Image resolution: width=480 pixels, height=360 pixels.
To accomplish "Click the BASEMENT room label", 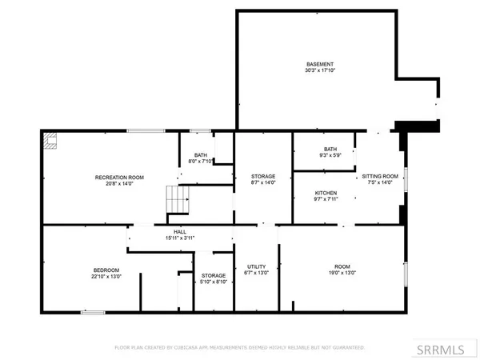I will click(x=318, y=64).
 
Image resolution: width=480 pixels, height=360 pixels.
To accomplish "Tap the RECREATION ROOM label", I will click(x=118, y=176).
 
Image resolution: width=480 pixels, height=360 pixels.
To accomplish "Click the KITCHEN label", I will click(x=325, y=193).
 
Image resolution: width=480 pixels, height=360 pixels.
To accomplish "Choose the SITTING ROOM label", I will click(x=380, y=175).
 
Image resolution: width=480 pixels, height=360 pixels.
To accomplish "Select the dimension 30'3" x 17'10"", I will click(x=318, y=71).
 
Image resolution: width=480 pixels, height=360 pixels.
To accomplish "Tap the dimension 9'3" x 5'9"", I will click(x=330, y=154).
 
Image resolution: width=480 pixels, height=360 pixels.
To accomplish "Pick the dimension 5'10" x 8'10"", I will click(x=214, y=282).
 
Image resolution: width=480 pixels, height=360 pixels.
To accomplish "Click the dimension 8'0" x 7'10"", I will click(x=200, y=162).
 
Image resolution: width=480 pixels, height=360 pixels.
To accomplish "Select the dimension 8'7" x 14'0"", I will click(x=263, y=183).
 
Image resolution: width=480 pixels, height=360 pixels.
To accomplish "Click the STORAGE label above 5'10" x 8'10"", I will click(x=214, y=275).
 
